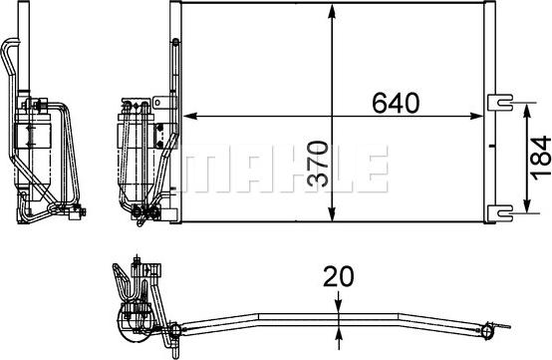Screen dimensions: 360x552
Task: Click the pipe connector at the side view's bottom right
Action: pos(79,211)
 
